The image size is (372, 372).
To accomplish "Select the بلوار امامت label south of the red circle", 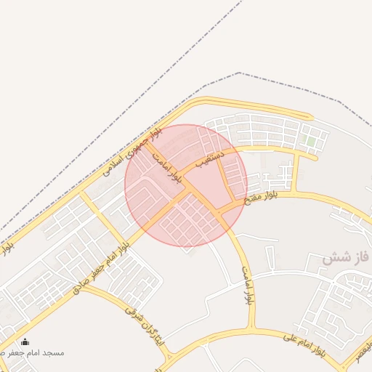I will click(x=248, y=285).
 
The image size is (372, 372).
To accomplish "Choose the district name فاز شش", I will click(x=346, y=257).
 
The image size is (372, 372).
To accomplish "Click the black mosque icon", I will click(x=25, y=342).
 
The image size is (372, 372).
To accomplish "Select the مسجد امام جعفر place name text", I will click(x=45, y=352).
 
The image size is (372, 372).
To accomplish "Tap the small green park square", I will click(x=311, y=140).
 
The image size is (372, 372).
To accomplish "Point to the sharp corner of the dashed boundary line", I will click(x=240, y=73).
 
